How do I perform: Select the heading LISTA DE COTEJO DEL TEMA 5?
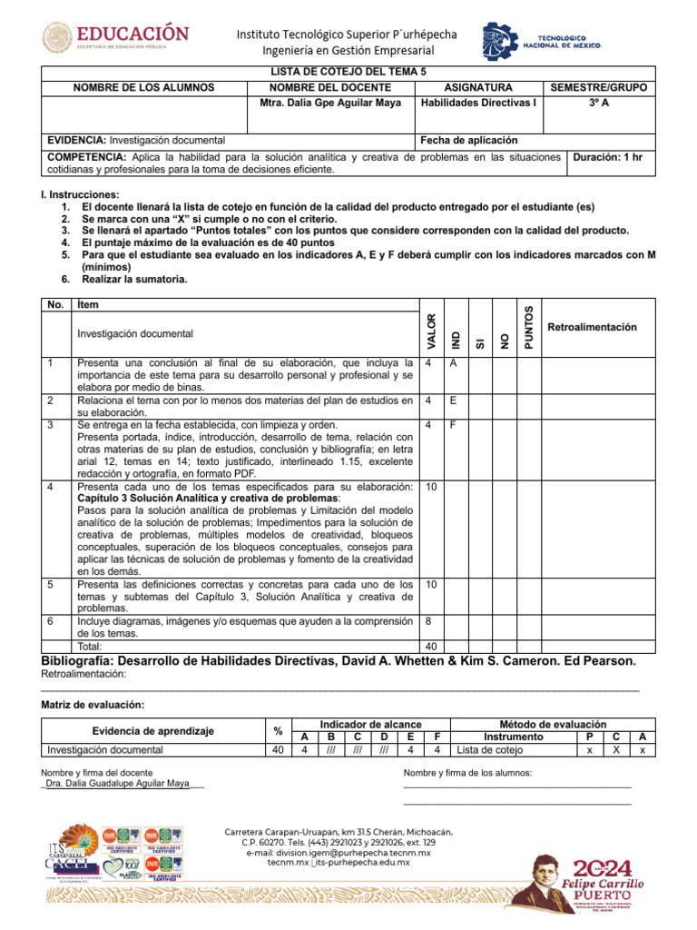[348, 70]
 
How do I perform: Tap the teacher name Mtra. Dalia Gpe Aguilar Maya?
[325, 103]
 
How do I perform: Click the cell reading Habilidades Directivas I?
[479, 103]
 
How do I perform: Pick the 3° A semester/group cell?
[598, 103]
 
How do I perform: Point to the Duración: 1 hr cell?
[607, 157]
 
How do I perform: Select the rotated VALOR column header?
[431, 331]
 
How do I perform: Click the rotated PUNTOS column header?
[529, 328]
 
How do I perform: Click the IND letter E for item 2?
[453, 400]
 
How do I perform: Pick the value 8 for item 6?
[428, 620]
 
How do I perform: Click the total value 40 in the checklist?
[431, 647]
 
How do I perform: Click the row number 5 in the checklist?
[51, 584]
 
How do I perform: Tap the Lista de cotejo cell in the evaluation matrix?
[490, 750]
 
